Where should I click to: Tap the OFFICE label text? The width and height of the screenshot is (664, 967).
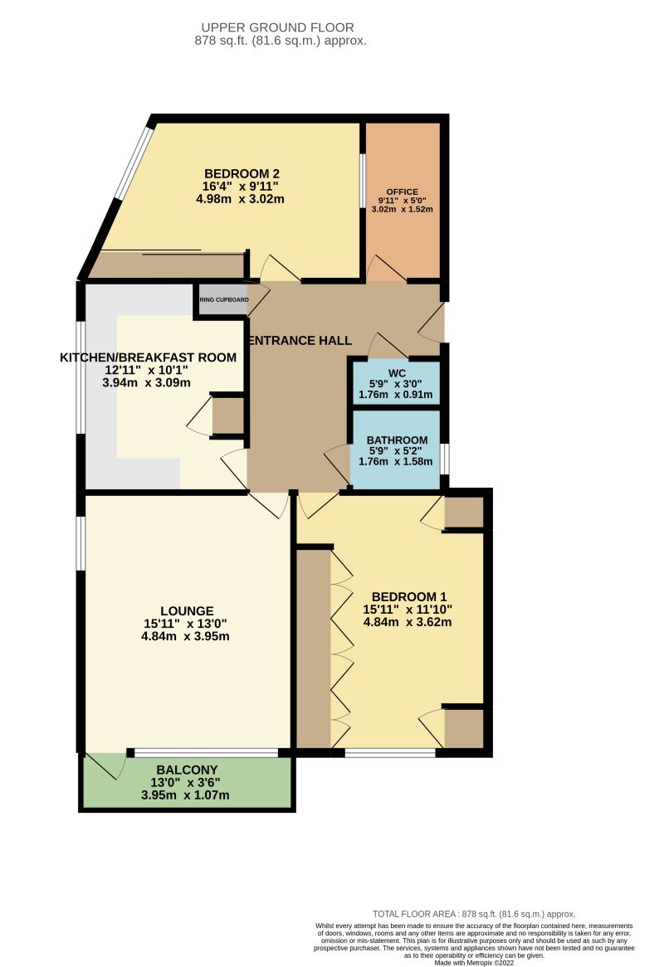click(402, 192)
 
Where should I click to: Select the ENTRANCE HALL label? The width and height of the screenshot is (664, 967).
click(300, 341)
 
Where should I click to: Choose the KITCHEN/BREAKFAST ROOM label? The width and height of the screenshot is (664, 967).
click(149, 357)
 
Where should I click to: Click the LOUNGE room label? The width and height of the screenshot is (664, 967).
click(188, 610)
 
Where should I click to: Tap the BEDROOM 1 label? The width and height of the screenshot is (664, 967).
click(409, 596)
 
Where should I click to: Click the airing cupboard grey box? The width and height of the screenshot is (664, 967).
click(222, 299)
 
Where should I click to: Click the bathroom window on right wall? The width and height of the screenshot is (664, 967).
click(445, 459)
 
